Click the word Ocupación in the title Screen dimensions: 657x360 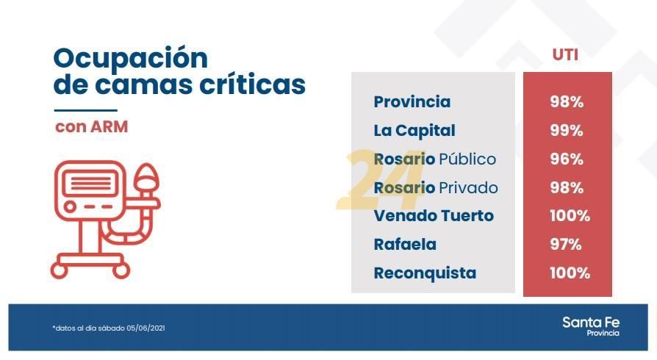(x=130, y=59)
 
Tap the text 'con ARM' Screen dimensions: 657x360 (x=91, y=127)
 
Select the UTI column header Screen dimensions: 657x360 (x=565, y=55)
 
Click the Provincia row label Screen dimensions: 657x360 (x=412, y=102)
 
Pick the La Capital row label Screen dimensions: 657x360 (x=414, y=131)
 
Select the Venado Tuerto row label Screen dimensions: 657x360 (x=434, y=216)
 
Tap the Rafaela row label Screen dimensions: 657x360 (x=405, y=245)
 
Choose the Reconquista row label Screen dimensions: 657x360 (x=425, y=273)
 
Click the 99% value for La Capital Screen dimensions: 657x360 (x=567, y=131)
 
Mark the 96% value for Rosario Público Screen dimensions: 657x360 (x=567, y=159)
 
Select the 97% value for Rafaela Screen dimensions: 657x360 (x=566, y=245)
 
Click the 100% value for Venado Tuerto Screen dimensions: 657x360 (x=570, y=216)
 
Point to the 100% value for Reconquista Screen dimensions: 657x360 (x=570, y=273)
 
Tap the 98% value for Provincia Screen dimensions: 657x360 (x=567, y=102)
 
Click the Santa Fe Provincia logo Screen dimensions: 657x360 (x=591, y=326)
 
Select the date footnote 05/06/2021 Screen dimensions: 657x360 (x=146, y=328)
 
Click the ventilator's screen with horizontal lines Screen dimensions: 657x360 (x=90, y=184)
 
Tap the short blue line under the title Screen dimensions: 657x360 (x=85, y=111)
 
